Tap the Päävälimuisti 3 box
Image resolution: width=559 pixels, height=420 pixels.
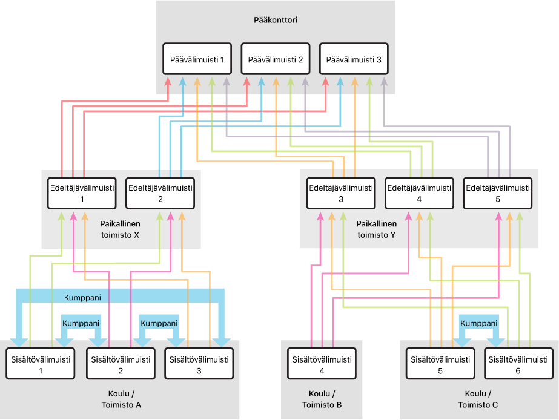[354, 60]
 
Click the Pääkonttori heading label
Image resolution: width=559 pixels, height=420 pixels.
[276, 20]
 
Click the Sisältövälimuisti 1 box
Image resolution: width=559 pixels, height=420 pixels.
[41, 365]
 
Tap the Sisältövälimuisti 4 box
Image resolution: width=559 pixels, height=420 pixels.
[322, 365]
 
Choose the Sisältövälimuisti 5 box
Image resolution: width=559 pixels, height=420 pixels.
[440, 365]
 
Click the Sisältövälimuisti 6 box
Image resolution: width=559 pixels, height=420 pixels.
[518, 365]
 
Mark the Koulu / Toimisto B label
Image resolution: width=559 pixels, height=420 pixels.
[322, 400]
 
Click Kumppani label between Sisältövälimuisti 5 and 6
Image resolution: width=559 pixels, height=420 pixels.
[479, 323]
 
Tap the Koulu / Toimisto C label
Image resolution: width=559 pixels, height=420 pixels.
[479, 400]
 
